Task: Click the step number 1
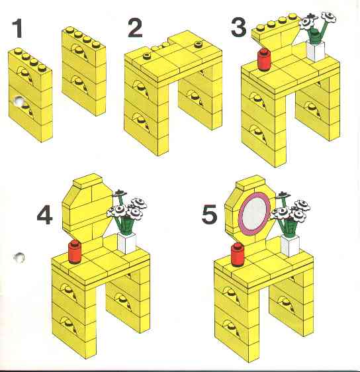point(18,28)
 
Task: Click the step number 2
point(135,28)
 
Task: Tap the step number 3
point(239,28)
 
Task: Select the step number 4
point(44,215)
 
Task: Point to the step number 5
point(209,214)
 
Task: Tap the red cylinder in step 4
point(75,252)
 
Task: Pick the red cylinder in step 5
point(238,254)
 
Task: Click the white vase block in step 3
point(316,51)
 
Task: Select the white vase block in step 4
point(126,244)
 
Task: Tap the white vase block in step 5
point(290,246)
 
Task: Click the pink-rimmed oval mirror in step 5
point(254,211)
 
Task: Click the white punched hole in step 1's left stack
point(19,101)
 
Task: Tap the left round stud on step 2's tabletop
point(148,56)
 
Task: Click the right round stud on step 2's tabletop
point(198,44)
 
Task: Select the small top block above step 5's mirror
point(250,182)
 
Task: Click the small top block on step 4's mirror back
point(87,181)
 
